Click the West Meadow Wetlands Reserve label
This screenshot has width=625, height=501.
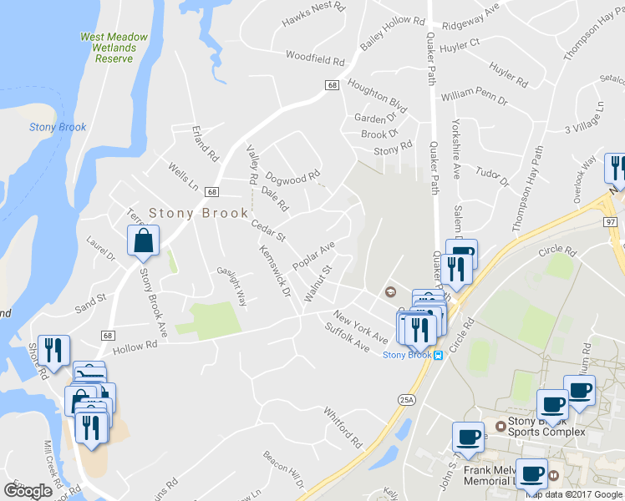[x=114, y=48]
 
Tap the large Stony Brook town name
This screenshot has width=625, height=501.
[x=199, y=213]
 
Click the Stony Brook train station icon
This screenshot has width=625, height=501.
[x=437, y=355]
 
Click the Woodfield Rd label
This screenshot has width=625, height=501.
[x=315, y=60]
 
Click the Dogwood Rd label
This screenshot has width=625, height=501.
[x=292, y=177]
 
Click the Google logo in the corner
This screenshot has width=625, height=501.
[x=28, y=490]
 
